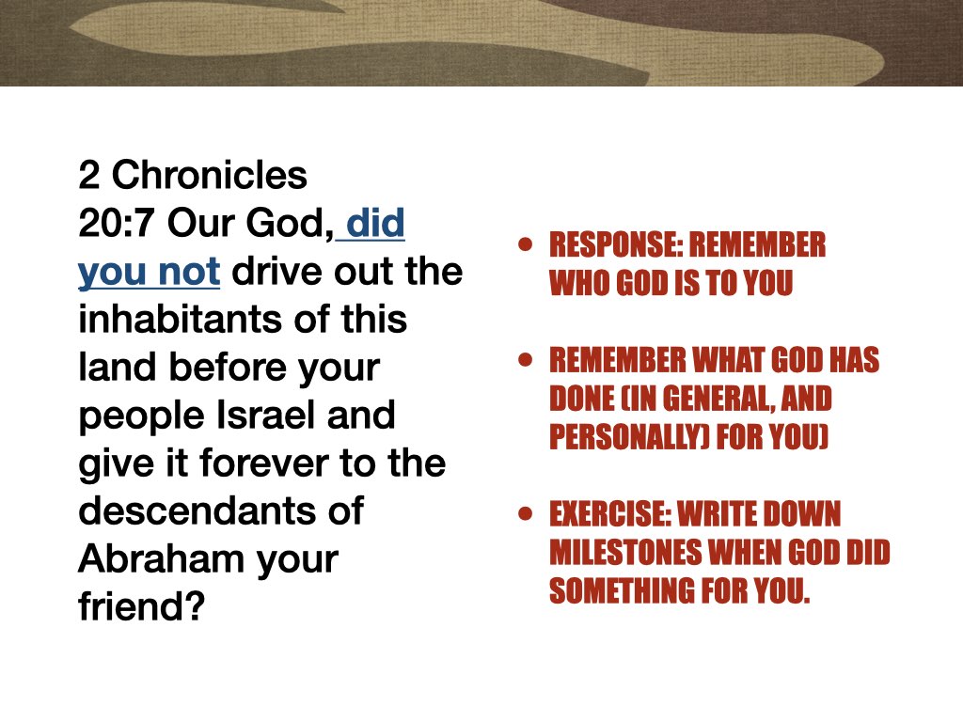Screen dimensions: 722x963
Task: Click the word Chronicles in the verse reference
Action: [x=210, y=175]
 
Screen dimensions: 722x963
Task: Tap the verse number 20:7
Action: [x=112, y=224]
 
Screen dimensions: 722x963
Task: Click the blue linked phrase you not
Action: [x=149, y=272]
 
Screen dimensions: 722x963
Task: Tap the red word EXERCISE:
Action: [x=606, y=515]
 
